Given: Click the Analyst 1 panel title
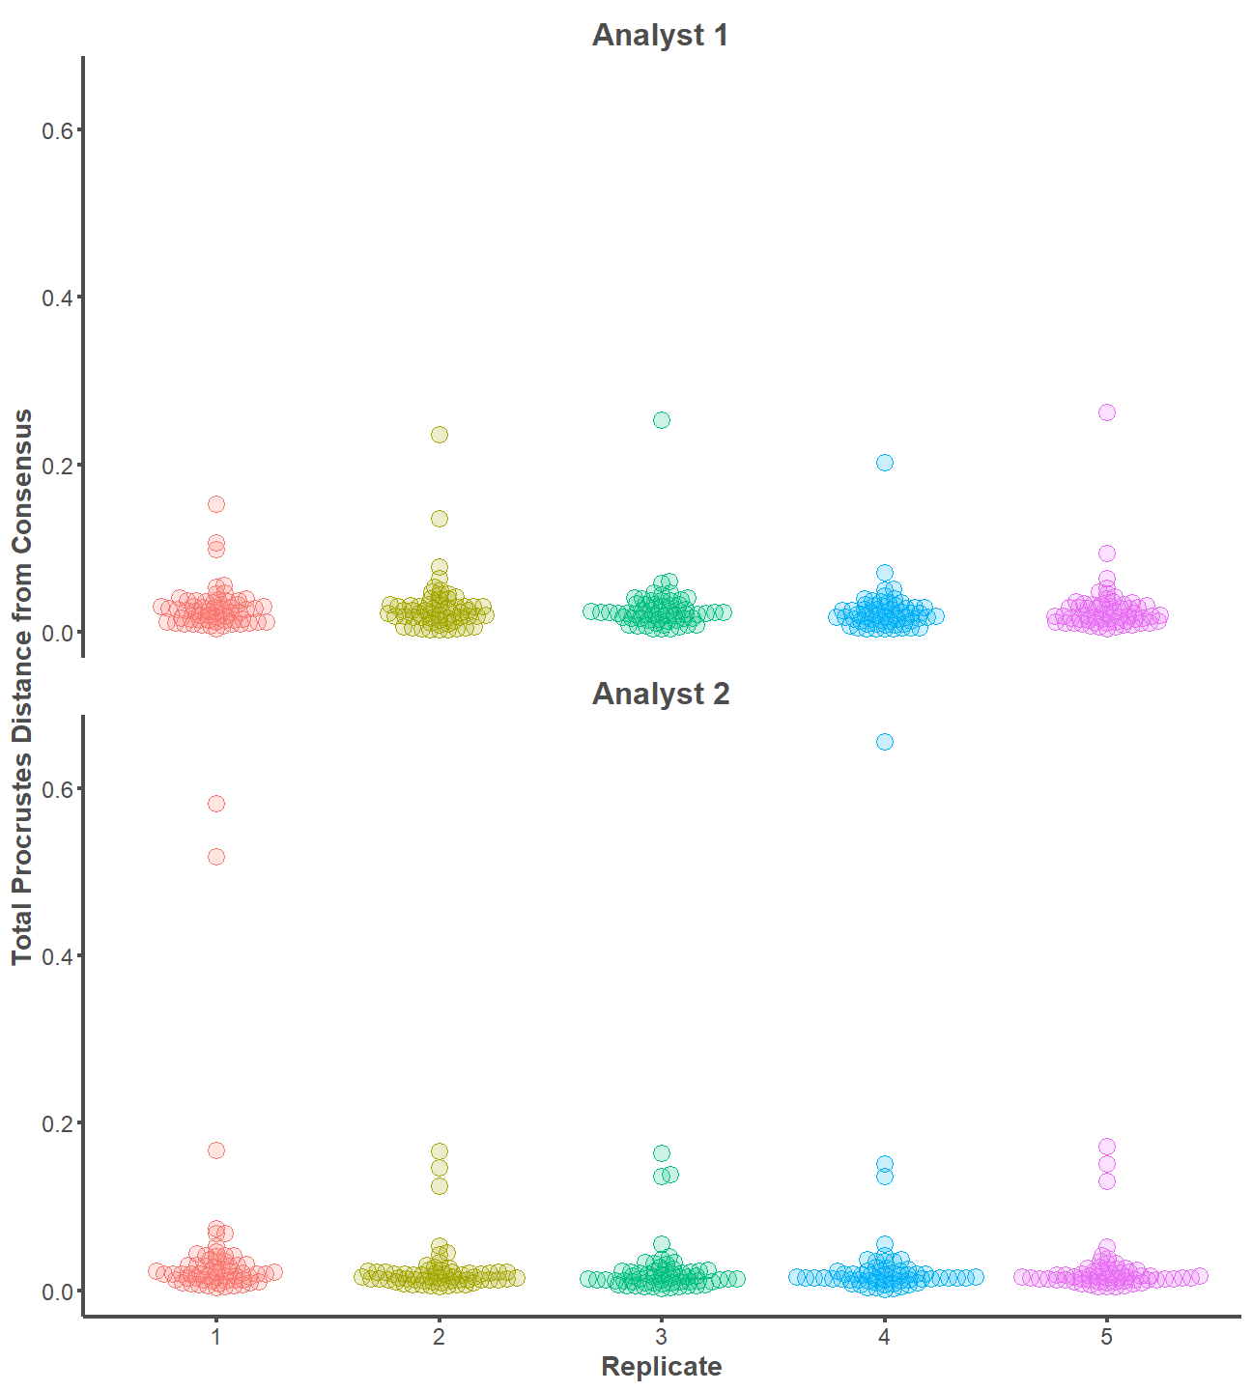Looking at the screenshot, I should (660, 36).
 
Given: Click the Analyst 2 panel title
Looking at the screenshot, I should (660, 695).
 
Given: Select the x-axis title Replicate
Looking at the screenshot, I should (661, 1367).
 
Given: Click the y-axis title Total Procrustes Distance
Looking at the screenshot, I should (22, 686).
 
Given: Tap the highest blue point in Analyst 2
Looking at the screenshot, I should (884, 742).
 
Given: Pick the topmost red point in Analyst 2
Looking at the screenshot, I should (216, 804).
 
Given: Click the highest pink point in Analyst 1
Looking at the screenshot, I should (1107, 412).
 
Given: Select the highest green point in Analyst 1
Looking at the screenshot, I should (662, 420).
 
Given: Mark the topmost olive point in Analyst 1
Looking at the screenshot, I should (440, 435).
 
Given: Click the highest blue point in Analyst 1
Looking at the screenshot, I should (885, 463).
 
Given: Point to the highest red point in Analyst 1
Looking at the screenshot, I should (216, 504).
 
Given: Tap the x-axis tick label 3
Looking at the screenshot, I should (661, 1337).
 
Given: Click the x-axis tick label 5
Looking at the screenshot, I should (1107, 1337).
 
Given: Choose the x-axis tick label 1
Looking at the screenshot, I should (216, 1337).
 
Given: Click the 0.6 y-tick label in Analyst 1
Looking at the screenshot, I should (57, 130).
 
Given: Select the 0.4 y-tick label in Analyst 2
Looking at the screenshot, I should (57, 956).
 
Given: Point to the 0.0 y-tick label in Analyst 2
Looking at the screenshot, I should (57, 1292).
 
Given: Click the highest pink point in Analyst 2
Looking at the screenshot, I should (1107, 1147).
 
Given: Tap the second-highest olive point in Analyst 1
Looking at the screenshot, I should (440, 519).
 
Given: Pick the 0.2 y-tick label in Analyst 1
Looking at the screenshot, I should (57, 466).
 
